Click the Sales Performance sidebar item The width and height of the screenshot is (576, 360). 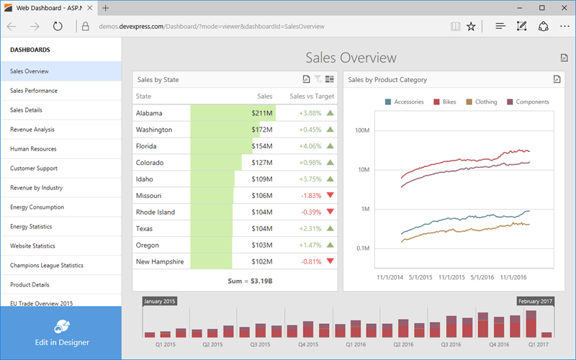click(34, 91)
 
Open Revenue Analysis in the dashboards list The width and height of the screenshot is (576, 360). click(32, 130)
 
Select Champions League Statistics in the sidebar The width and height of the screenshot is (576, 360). click(47, 266)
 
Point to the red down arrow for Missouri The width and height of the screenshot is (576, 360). click(330, 196)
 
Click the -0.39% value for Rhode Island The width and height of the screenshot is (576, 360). click(310, 212)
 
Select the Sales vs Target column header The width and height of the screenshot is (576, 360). click(311, 96)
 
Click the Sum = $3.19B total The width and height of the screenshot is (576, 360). click(235, 280)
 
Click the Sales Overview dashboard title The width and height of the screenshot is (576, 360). click(351, 58)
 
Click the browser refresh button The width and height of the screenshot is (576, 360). click(57, 27)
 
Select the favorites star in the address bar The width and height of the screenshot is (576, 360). click(471, 27)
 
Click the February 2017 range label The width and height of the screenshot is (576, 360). click(534, 301)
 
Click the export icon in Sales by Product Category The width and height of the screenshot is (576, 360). click(556, 79)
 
